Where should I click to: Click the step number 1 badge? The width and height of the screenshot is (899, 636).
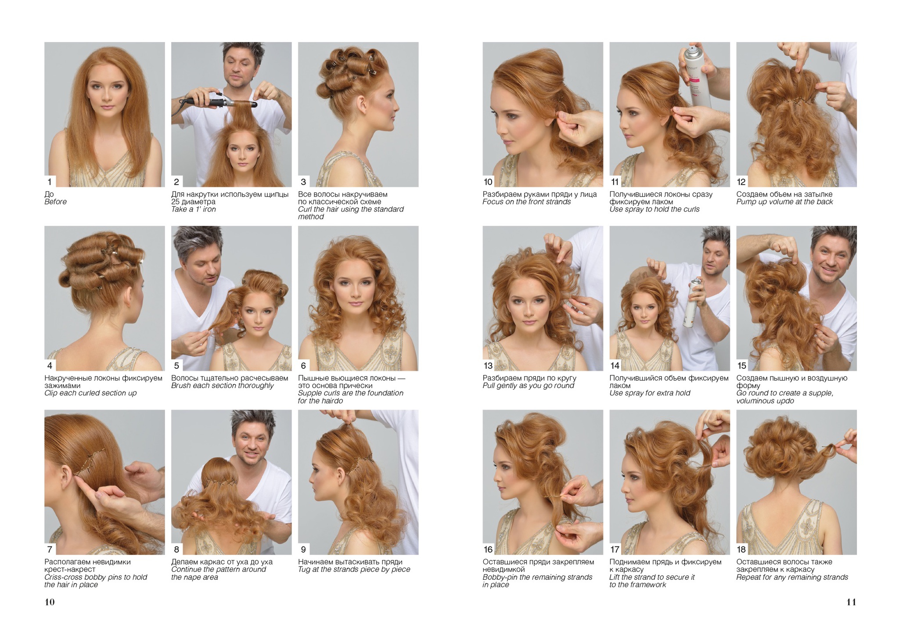pyautogui.click(x=50, y=182)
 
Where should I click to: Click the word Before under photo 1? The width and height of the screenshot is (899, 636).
pyautogui.click(x=55, y=202)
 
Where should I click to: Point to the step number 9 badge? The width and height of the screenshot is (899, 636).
pyautogui.click(x=303, y=549)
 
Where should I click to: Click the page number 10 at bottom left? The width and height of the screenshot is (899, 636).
pyautogui.click(x=50, y=602)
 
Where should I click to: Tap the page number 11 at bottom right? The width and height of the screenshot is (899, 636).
pyautogui.click(x=851, y=602)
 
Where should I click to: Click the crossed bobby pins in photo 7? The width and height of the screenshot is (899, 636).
pyautogui.click(x=90, y=461)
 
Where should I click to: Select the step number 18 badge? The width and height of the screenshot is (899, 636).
pyautogui.click(x=741, y=549)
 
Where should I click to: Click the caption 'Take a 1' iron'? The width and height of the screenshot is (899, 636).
pyautogui.click(x=194, y=209)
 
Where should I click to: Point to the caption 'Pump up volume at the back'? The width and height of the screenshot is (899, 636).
pyautogui.click(x=784, y=202)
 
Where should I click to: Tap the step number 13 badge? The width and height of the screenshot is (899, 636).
pyautogui.click(x=488, y=366)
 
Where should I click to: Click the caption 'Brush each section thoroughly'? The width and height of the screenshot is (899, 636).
pyautogui.click(x=222, y=386)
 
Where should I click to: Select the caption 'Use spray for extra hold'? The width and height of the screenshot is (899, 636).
pyautogui.click(x=650, y=393)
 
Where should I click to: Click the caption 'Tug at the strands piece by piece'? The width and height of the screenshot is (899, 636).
pyautogui.click(x=354, y=570)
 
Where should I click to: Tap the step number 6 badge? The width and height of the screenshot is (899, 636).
pyautogui.click(x=303, y=366)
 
